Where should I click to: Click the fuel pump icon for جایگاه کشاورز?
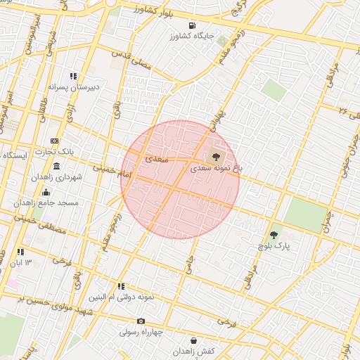193,25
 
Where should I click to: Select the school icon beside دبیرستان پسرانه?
73,76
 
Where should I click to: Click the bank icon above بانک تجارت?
56,141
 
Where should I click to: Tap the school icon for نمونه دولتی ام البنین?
122,286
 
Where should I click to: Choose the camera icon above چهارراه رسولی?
141,321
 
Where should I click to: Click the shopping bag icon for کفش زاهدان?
193,340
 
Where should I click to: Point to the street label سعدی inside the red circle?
157,160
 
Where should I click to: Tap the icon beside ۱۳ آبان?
20,251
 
